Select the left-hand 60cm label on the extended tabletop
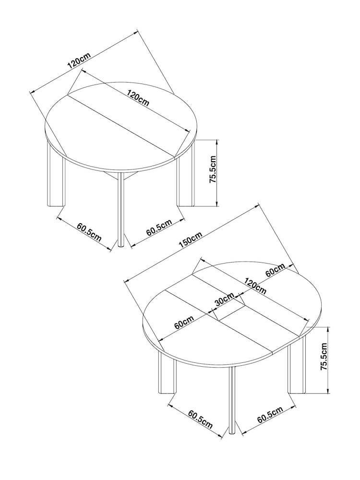click(184, 322)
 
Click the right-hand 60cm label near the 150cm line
click(276, 271)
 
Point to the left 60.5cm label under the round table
click(88, 231)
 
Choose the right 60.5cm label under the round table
click(159, 228)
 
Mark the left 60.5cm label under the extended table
click(200, 418)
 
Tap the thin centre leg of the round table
click(121, 211)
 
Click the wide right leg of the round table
click(185, 180)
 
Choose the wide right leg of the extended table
click(296, 367)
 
